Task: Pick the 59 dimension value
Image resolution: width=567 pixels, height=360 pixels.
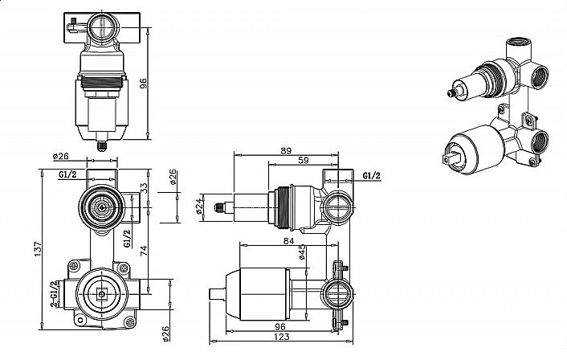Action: pyautogui.click(x=303, y=161)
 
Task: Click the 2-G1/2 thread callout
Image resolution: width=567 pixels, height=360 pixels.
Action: pyautogui.click(x=54, y=296)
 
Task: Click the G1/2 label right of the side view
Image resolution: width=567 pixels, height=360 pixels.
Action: pyautogui.click(x=371, y=175)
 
